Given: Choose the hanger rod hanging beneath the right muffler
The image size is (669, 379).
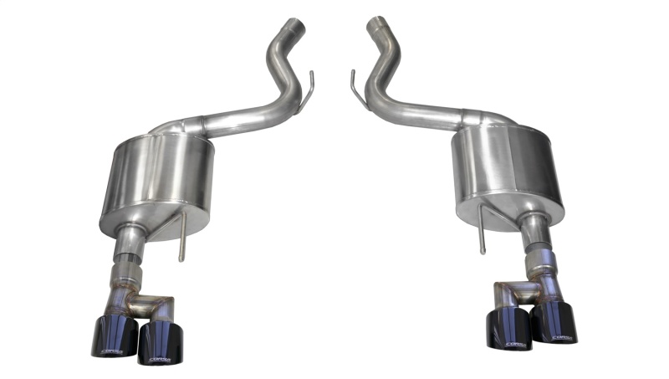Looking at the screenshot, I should point(483,234).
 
